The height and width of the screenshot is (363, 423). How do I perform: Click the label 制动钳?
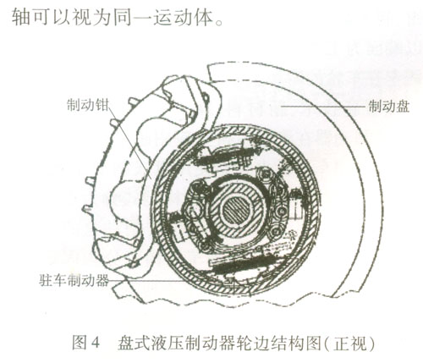pyautogui.click(x=87, y=105)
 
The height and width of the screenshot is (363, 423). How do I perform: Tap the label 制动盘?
pyautogui.click(x=389, y=107)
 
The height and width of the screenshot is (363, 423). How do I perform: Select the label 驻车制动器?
pyautogui.click(x=74, y=280)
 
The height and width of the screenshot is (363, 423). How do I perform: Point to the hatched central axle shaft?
pyautogui.click(x=237, y=210)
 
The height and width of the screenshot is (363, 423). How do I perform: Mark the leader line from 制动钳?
pyautogui.click(x=129, y=141)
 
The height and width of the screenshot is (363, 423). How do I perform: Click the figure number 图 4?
pyautogui.click(x=85, y=342)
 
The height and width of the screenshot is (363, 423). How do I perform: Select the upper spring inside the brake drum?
pyautogui.click(x=222, y=157)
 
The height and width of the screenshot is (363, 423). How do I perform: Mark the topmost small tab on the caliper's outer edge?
pyautogui.click(x=133, y=102)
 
